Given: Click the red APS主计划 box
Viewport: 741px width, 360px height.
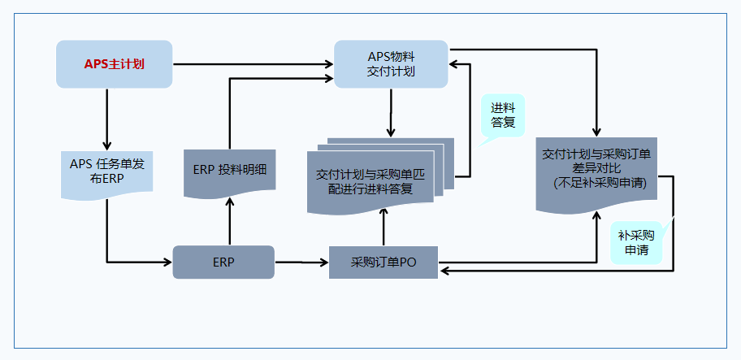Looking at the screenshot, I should click(114, 63).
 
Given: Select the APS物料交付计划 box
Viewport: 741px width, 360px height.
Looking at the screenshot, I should click(391, 64).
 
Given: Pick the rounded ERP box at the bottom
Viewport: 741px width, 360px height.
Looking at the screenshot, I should click(223, 262).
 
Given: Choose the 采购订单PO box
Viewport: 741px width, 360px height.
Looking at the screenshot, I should click(383, 262).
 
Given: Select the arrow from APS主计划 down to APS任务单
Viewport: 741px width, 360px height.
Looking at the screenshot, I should click(107, 118).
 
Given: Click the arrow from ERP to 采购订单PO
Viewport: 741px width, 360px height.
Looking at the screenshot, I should click(301, 262).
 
